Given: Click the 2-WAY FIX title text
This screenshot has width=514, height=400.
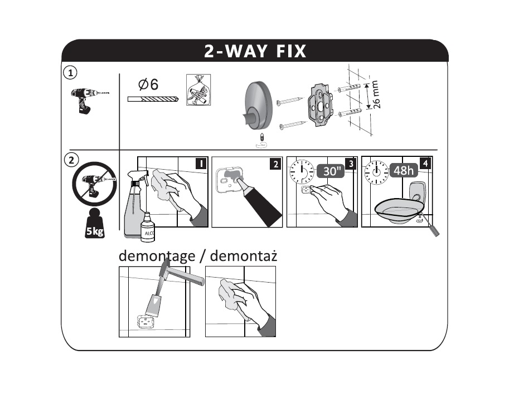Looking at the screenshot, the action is coord(255,51).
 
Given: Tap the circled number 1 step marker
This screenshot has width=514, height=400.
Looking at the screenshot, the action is coord(70,73).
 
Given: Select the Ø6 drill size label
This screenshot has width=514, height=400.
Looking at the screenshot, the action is coord(148,85).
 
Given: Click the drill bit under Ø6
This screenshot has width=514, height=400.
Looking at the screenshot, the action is coord(153,98).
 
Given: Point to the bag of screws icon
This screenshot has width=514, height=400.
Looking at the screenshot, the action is coord(198,90).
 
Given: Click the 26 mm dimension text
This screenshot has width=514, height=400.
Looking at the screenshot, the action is coord(376,95).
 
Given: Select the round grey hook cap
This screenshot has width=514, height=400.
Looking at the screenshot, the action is coord(258,105).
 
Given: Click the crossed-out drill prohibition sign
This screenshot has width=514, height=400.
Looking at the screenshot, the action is coord(94,184).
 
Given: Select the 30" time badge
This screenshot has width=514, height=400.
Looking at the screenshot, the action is coord(331,171).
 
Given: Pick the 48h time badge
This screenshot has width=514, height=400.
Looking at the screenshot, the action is coord(404,170).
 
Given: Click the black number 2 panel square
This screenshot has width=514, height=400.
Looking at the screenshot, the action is coord(276,164).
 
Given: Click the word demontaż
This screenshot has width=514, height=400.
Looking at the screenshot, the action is coord(244,256).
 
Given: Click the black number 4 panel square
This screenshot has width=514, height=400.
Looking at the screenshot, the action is coord(425,163).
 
